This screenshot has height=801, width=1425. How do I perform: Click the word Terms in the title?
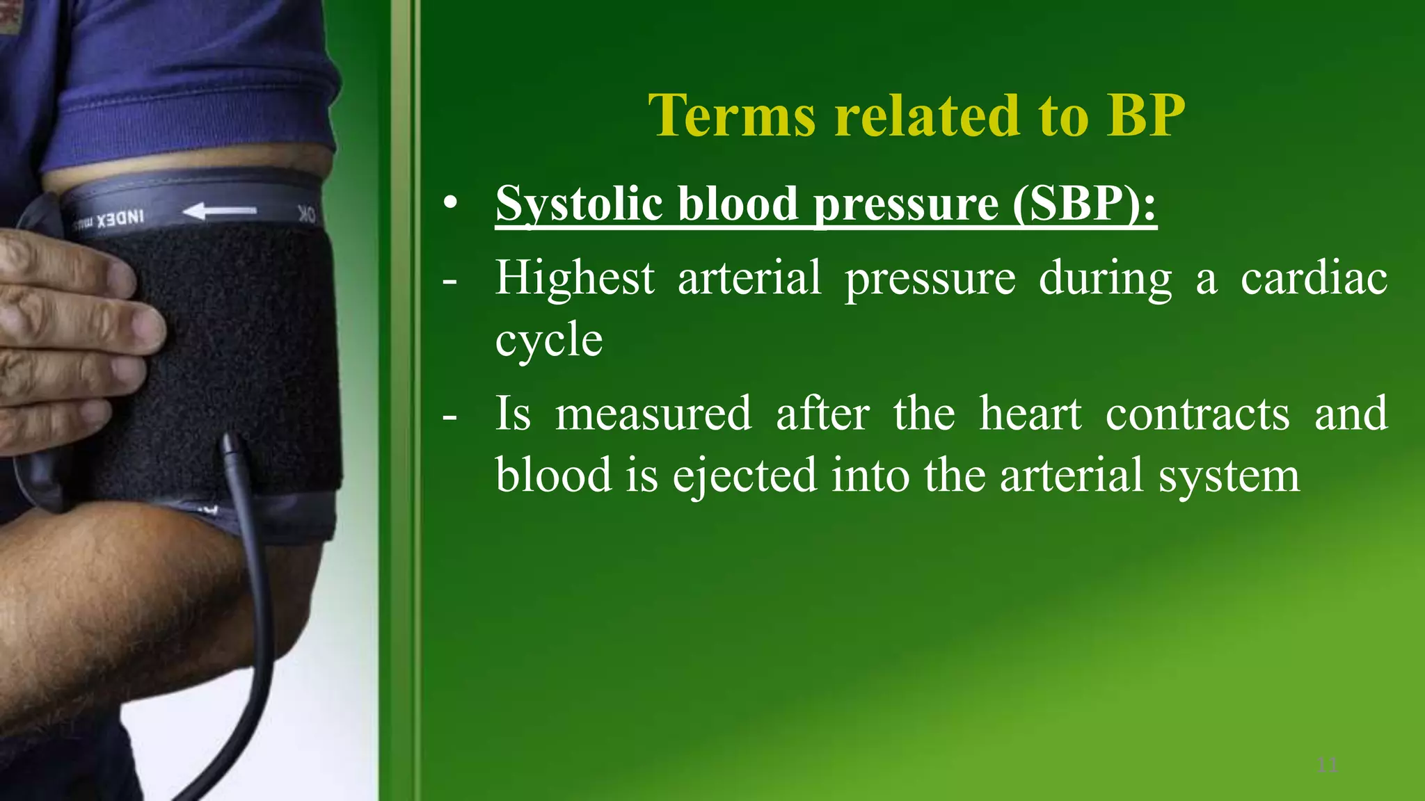(x=731, y=115)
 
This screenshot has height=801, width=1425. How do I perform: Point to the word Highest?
(x=575, y=279)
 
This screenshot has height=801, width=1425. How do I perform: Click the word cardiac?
(x=1314, y=279)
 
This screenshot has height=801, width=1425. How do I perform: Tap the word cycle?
(x=549, y=341)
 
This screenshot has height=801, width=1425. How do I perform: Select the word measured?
(x=653, y=414)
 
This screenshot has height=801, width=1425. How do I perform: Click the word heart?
(x=1030, y=414)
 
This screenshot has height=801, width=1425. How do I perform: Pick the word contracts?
(x=1197, y=414)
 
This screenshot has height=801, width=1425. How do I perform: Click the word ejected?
(x=745, y=476)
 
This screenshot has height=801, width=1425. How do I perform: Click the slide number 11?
(x=1328, y=766)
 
